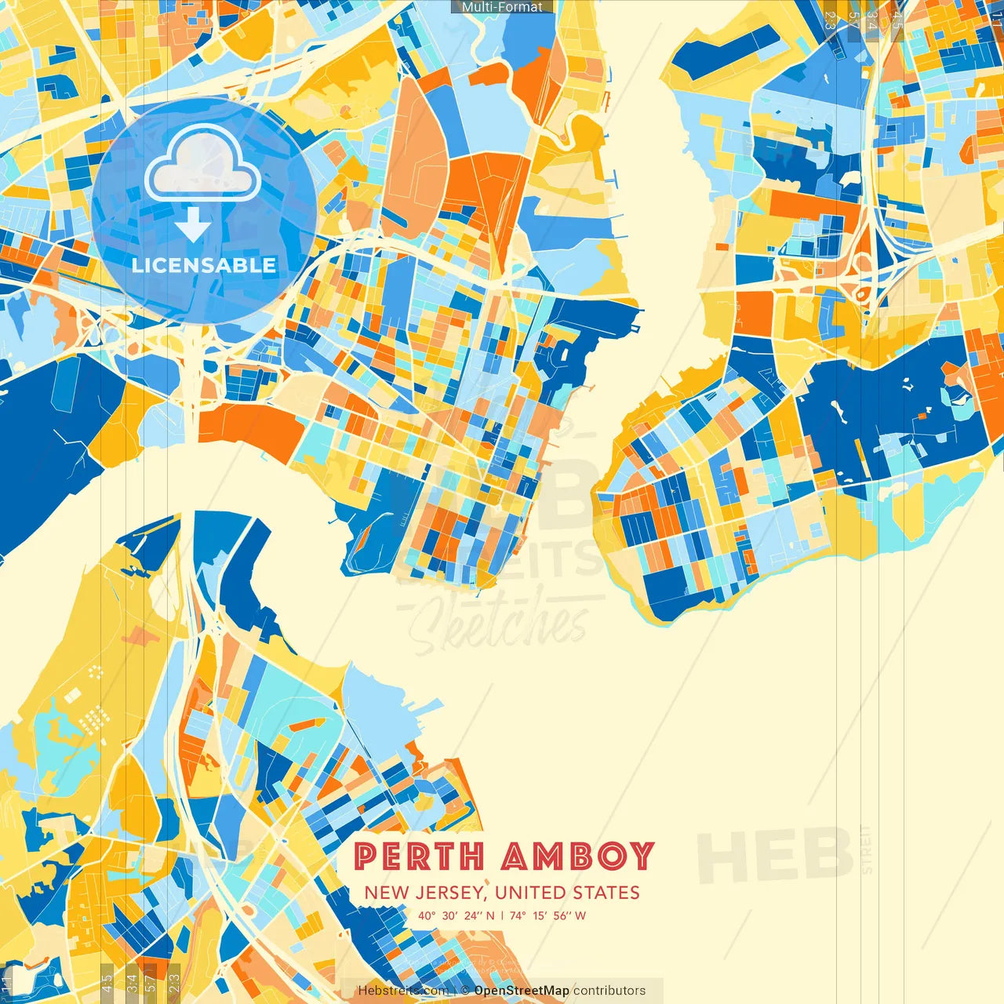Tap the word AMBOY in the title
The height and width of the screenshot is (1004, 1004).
(577, 856)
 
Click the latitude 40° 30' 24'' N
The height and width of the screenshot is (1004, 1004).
(457, 915)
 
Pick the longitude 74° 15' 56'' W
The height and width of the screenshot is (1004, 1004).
(547, 915)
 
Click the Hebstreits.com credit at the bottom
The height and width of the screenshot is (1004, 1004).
(403, 991)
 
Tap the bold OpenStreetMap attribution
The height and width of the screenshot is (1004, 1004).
(521, 991)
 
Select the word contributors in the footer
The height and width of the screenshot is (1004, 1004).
(609, 991)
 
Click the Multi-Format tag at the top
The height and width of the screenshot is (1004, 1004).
(502, 7)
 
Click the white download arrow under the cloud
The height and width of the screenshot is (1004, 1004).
(192, 227)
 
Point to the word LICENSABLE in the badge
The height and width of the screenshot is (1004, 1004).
(204, 265)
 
